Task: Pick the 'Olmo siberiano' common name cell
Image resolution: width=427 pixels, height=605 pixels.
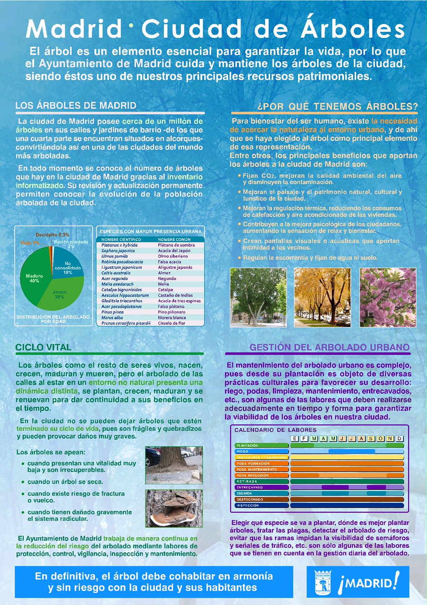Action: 172,256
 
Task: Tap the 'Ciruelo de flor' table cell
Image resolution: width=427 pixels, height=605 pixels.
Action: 173,323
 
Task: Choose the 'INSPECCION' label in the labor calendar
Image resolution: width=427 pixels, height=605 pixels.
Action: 248,505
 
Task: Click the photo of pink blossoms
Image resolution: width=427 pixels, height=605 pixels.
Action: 387,297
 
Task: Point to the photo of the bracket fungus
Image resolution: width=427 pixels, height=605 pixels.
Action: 174,508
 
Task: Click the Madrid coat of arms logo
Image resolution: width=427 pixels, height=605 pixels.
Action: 324,582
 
